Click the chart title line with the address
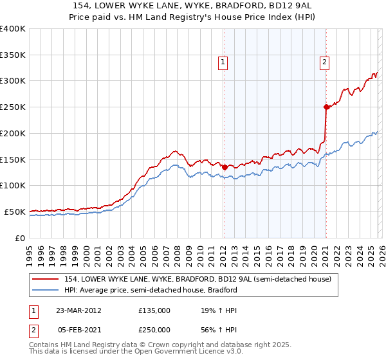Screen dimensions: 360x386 192,6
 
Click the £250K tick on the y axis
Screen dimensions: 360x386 13,107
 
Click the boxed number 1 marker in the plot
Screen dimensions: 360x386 223,62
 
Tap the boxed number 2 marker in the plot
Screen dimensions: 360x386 324,62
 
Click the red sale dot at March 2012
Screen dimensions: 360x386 225,167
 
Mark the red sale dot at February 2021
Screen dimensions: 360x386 326,107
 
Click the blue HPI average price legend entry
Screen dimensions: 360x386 151,290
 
